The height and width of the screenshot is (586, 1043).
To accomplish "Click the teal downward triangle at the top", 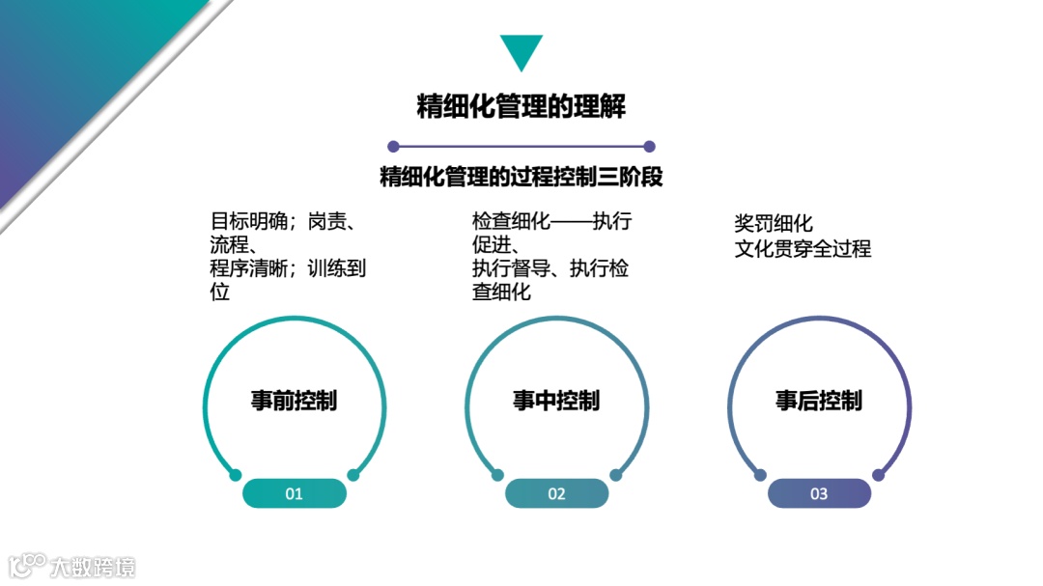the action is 521,50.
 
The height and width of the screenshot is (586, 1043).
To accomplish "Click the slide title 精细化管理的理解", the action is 521,106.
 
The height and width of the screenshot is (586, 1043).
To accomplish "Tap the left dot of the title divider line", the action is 393,147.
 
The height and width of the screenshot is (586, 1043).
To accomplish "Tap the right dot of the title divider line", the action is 649,147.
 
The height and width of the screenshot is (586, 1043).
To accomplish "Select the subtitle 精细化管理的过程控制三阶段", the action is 521,178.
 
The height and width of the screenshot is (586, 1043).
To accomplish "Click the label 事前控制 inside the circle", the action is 294,401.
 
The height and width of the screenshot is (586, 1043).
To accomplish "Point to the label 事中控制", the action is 556,401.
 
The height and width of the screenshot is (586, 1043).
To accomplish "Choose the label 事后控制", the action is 819,401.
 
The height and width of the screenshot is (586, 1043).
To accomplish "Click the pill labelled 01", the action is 294,493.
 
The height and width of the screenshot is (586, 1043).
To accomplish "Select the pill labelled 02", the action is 556,493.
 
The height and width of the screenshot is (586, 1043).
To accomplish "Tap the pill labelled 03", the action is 819,493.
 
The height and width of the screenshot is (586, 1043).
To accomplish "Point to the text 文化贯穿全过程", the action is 803,249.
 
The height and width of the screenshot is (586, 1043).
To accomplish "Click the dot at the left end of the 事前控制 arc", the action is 235,475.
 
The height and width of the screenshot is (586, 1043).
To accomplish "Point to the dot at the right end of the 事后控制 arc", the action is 879,475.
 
